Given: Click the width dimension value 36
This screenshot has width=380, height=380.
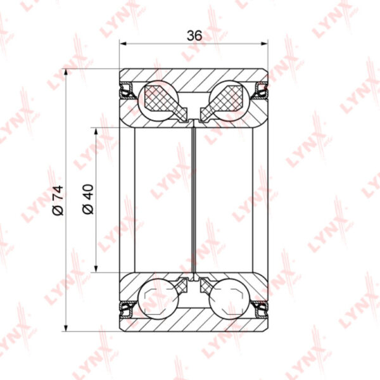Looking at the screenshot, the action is (x=194, y=36).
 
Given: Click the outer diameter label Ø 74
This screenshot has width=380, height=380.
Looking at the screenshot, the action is (x=58, y=200).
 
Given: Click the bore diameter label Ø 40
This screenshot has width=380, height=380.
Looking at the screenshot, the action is (x=88, y=199).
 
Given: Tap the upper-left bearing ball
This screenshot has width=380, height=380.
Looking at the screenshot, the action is (x=158, y=101).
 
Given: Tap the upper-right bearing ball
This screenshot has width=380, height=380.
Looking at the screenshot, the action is (x=229, y=101).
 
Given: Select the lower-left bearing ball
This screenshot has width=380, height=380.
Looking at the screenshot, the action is (x=158, y=299).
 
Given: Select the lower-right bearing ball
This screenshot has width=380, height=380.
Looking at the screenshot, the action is (x=229, y=299).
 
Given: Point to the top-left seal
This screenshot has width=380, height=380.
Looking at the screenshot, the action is (x=127, y=91).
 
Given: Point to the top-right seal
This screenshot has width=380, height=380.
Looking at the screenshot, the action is (x=260, y=91).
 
